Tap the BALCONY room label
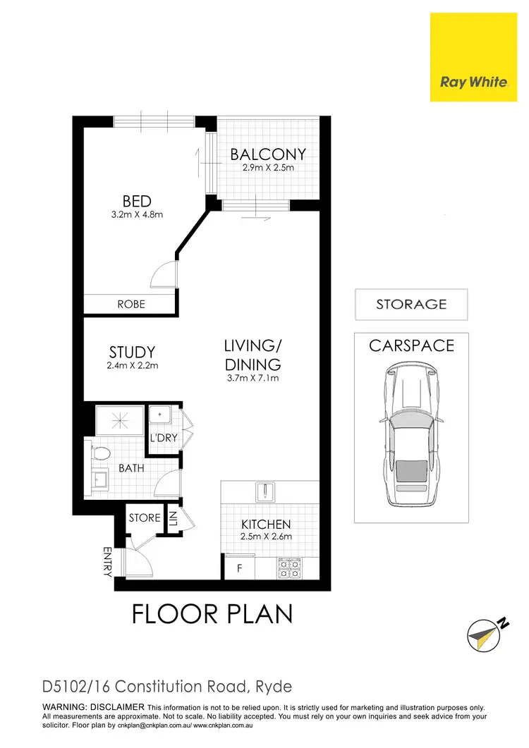point(268,154)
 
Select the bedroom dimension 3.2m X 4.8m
point(137,214)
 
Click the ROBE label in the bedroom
point(131,305)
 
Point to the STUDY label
point(132,352)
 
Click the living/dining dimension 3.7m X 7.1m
point(253,379)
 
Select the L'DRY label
point(163,439)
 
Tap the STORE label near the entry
point(145,518)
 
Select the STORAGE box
point(411,305)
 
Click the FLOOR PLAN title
point(212,614)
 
